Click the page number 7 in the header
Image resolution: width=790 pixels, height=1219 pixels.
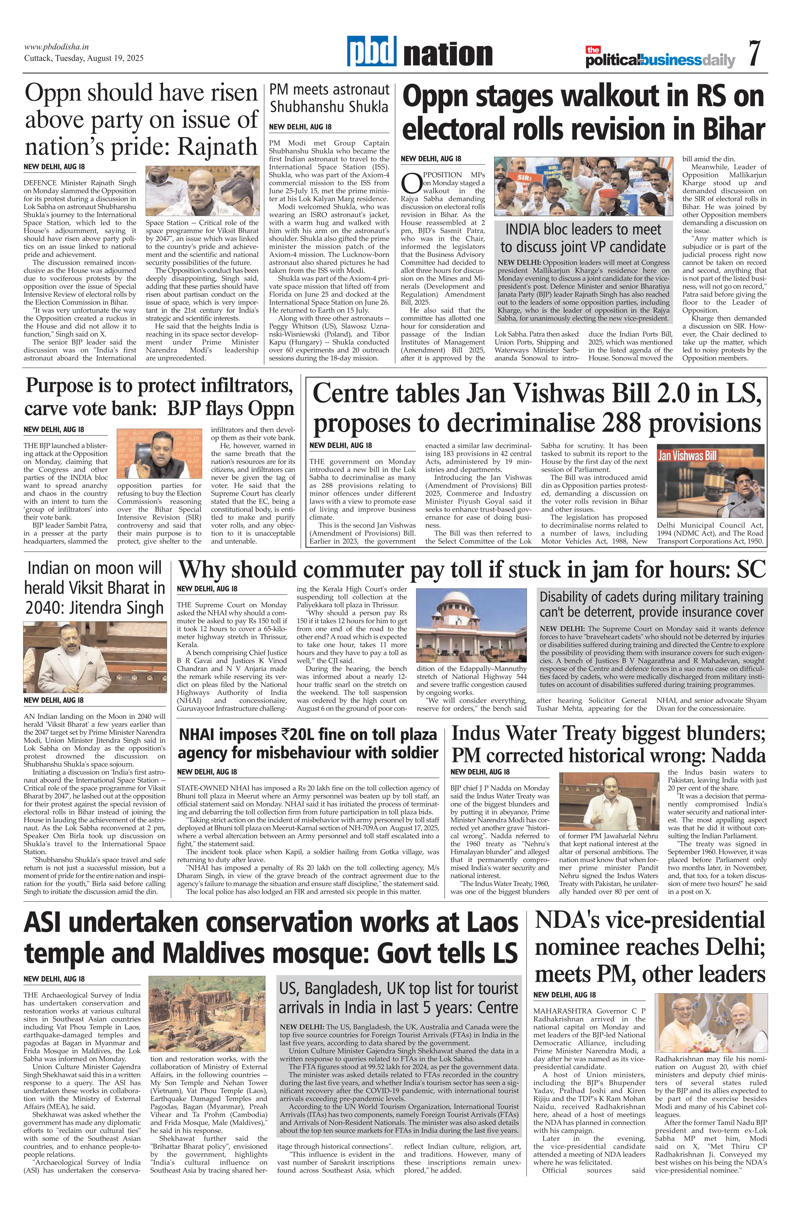[x=754, y=53]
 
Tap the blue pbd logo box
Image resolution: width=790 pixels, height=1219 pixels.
[x=371, y=51]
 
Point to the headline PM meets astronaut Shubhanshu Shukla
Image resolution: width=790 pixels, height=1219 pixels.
[x=329, y=98]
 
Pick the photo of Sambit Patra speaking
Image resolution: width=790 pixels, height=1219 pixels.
[x=159, y=454]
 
